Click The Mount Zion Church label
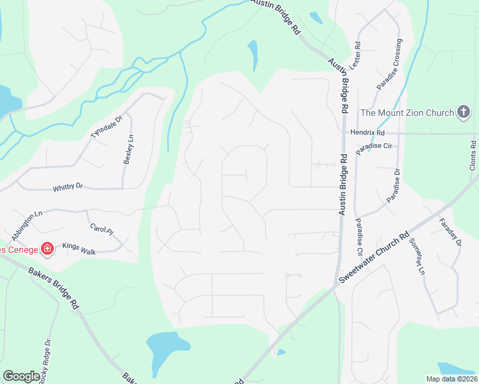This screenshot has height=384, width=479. click(x=407, y=113)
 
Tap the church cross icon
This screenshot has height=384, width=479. click(x=464, y=113)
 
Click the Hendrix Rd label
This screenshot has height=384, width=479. click(x=367, y=133)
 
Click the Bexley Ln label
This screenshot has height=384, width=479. click(x=128, y=149)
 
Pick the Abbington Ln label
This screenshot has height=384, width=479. click(x=26, y=221)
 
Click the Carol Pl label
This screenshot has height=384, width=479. click(x=101, y=228)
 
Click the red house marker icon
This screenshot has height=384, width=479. click(x=47, y=248)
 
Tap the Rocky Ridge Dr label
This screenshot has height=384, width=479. click(x=44, y=362)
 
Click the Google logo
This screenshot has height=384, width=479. click(x=21, y=376)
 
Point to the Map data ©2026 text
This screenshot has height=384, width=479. click(x=451, y=379)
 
